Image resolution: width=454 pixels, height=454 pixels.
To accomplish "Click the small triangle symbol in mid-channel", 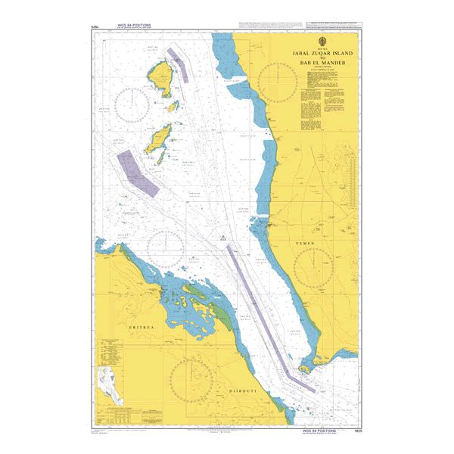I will (222, 239).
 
